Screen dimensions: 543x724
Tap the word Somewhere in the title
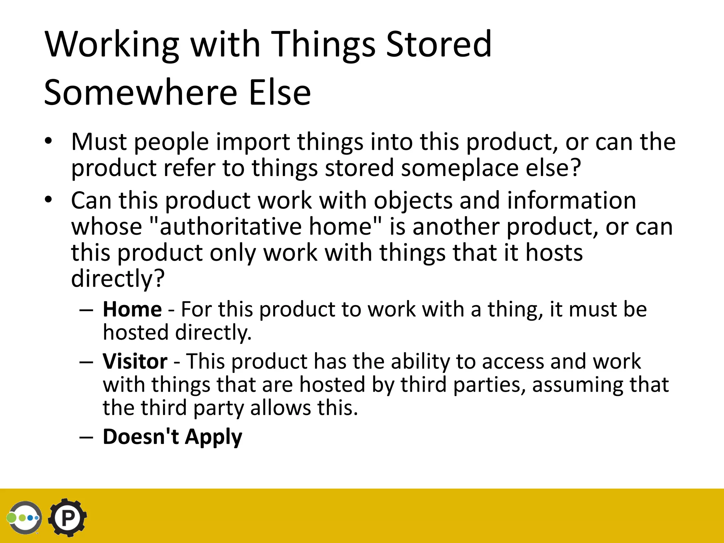140,92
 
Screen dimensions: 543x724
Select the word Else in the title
280,92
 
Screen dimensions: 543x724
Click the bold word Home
132,309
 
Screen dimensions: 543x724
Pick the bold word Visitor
135,361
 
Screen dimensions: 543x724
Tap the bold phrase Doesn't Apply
173,437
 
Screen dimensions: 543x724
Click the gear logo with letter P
68,518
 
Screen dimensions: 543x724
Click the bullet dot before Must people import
48,141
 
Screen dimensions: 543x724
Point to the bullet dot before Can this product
48,200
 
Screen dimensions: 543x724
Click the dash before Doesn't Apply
86,437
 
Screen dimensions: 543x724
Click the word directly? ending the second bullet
118,279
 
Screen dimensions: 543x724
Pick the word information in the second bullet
571,200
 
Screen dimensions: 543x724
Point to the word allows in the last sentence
280,408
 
